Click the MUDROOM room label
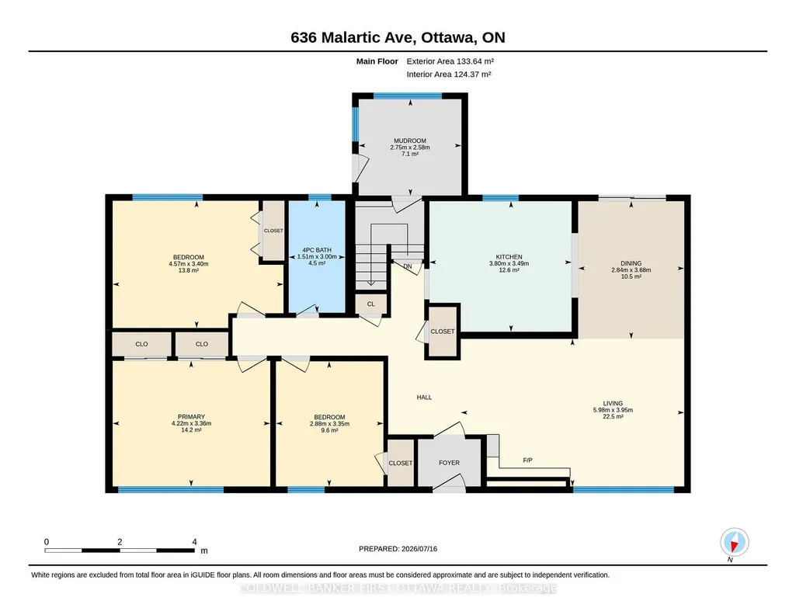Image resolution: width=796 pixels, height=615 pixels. coord(410,141)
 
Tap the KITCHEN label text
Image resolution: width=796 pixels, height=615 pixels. coord(509,257)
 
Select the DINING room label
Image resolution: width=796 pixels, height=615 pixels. coord(631,263)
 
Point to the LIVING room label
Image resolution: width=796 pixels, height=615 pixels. coord(613,404)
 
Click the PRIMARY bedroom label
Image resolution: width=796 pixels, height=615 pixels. coord(191,416)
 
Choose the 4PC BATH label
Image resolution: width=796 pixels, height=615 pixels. coord(317,250)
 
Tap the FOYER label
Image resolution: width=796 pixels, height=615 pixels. coord(450,463)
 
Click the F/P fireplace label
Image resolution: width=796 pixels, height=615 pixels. coord(527,460)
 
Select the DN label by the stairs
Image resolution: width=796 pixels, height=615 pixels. coord(408,266)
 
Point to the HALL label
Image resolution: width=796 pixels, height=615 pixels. coord(424,398)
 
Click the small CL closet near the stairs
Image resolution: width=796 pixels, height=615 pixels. coord(370,304)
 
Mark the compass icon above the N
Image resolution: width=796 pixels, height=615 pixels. coord(734,542)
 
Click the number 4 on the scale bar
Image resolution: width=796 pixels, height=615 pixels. coord(194,542)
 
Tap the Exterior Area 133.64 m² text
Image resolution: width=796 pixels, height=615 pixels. coord(450,61)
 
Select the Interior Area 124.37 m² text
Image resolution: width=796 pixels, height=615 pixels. coord(449,74)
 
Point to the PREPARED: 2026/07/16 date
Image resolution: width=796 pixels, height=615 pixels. coord(398,548)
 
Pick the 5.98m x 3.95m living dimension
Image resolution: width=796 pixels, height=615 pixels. coord(613,410)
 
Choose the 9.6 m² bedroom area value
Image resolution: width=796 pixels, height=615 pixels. coord(329,430)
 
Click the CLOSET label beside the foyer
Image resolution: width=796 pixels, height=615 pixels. coord(401,464)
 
